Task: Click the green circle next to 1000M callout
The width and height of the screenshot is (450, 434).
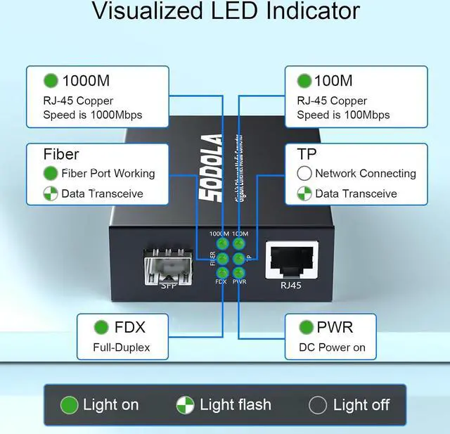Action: coord(51,81)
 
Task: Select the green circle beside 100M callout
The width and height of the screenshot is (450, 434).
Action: coord(304,81)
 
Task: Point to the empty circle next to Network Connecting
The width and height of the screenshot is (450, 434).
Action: coord(304,173)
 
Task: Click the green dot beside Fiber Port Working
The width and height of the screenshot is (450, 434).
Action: coord(51,173)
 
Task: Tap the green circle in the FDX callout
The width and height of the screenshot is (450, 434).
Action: coord(101,327)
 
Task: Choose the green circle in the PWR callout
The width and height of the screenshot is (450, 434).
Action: coord(306,327)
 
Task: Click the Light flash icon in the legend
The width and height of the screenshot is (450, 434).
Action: coord(186,404)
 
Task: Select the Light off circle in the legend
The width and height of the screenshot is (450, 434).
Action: coord(318,404)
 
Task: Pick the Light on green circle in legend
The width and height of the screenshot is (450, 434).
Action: coord(69,404)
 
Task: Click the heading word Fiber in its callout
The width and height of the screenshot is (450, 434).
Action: coord(61,153)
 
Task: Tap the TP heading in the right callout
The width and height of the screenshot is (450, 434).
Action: coord(307,153)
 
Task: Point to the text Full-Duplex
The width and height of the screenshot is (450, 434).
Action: coord(121,347)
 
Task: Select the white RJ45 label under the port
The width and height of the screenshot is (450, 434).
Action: coord(291,286)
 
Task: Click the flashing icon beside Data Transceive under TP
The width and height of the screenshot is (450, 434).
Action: coord(304,193)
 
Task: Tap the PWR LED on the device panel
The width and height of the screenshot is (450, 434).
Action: coord(238,272)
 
